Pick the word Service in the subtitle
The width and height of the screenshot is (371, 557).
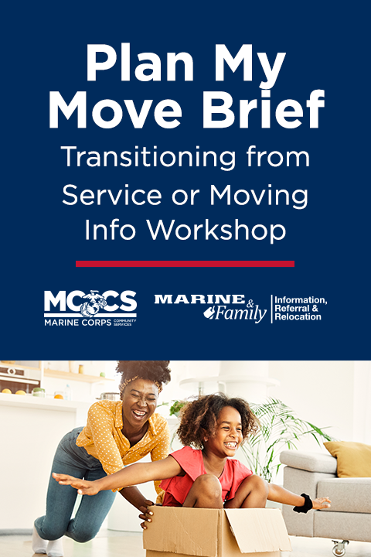112,195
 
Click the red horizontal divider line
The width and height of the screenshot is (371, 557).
185,264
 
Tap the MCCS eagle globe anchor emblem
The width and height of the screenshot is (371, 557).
93,304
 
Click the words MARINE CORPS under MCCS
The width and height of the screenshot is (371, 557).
78,323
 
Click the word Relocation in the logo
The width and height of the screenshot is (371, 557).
298,317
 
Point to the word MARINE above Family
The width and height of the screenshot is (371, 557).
199,299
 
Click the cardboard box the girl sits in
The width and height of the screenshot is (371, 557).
216,531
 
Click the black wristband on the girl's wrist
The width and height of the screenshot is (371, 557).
303,504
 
